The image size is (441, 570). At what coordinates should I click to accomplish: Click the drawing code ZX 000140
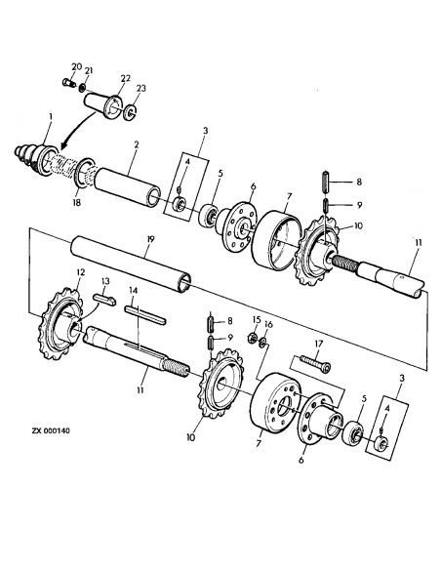[51, 430]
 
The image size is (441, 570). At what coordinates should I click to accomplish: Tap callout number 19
[150, 239]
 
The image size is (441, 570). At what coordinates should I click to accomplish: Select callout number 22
[126, 78]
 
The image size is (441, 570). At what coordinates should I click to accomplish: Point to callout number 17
[318, 344]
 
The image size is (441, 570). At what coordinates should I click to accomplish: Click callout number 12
[80, 272]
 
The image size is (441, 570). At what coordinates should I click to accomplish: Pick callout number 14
[134, 290]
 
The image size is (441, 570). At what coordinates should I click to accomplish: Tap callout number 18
[77, 202]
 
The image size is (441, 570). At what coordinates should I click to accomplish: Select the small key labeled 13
[104, 301]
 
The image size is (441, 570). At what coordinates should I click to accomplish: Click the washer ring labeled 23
[130, 113]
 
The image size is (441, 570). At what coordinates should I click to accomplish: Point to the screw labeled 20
[68, 83]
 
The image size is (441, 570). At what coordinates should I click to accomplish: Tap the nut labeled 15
[252, 339]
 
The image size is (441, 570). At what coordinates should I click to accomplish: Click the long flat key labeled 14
[145, 315]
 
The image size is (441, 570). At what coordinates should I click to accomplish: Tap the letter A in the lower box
[387, 408]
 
